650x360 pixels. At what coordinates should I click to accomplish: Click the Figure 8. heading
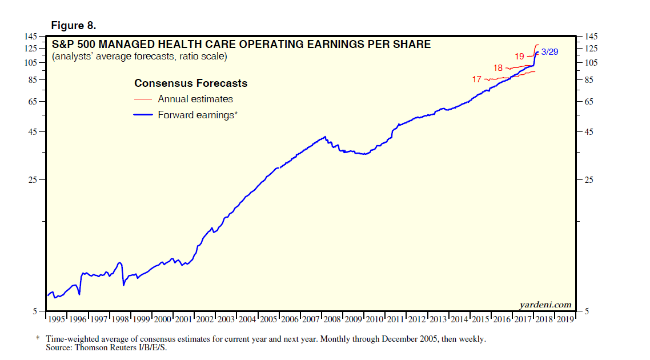click(x=74, y=26)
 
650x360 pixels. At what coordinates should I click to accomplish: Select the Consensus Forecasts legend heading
click(x=191, y=83)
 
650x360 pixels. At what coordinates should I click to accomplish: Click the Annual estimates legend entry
click(x=195, y=99)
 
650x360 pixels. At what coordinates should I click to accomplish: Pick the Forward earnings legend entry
click(x=197, y=115)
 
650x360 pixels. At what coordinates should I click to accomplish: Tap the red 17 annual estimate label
click(x=477, y=79)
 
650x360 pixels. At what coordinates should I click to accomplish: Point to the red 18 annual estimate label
click(x=498, y=68)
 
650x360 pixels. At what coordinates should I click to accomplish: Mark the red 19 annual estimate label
click(x=519, y=57)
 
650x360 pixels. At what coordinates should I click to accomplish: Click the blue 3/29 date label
click(x=549, y=52)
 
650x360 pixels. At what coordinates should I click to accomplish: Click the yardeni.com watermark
click(x=545, y=305)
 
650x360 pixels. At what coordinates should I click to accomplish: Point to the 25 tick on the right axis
click(x=589, y=180)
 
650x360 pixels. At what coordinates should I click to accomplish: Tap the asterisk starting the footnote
click(x=38, y=338)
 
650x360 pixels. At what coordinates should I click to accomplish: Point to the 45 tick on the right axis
click(x=589, y=132)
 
